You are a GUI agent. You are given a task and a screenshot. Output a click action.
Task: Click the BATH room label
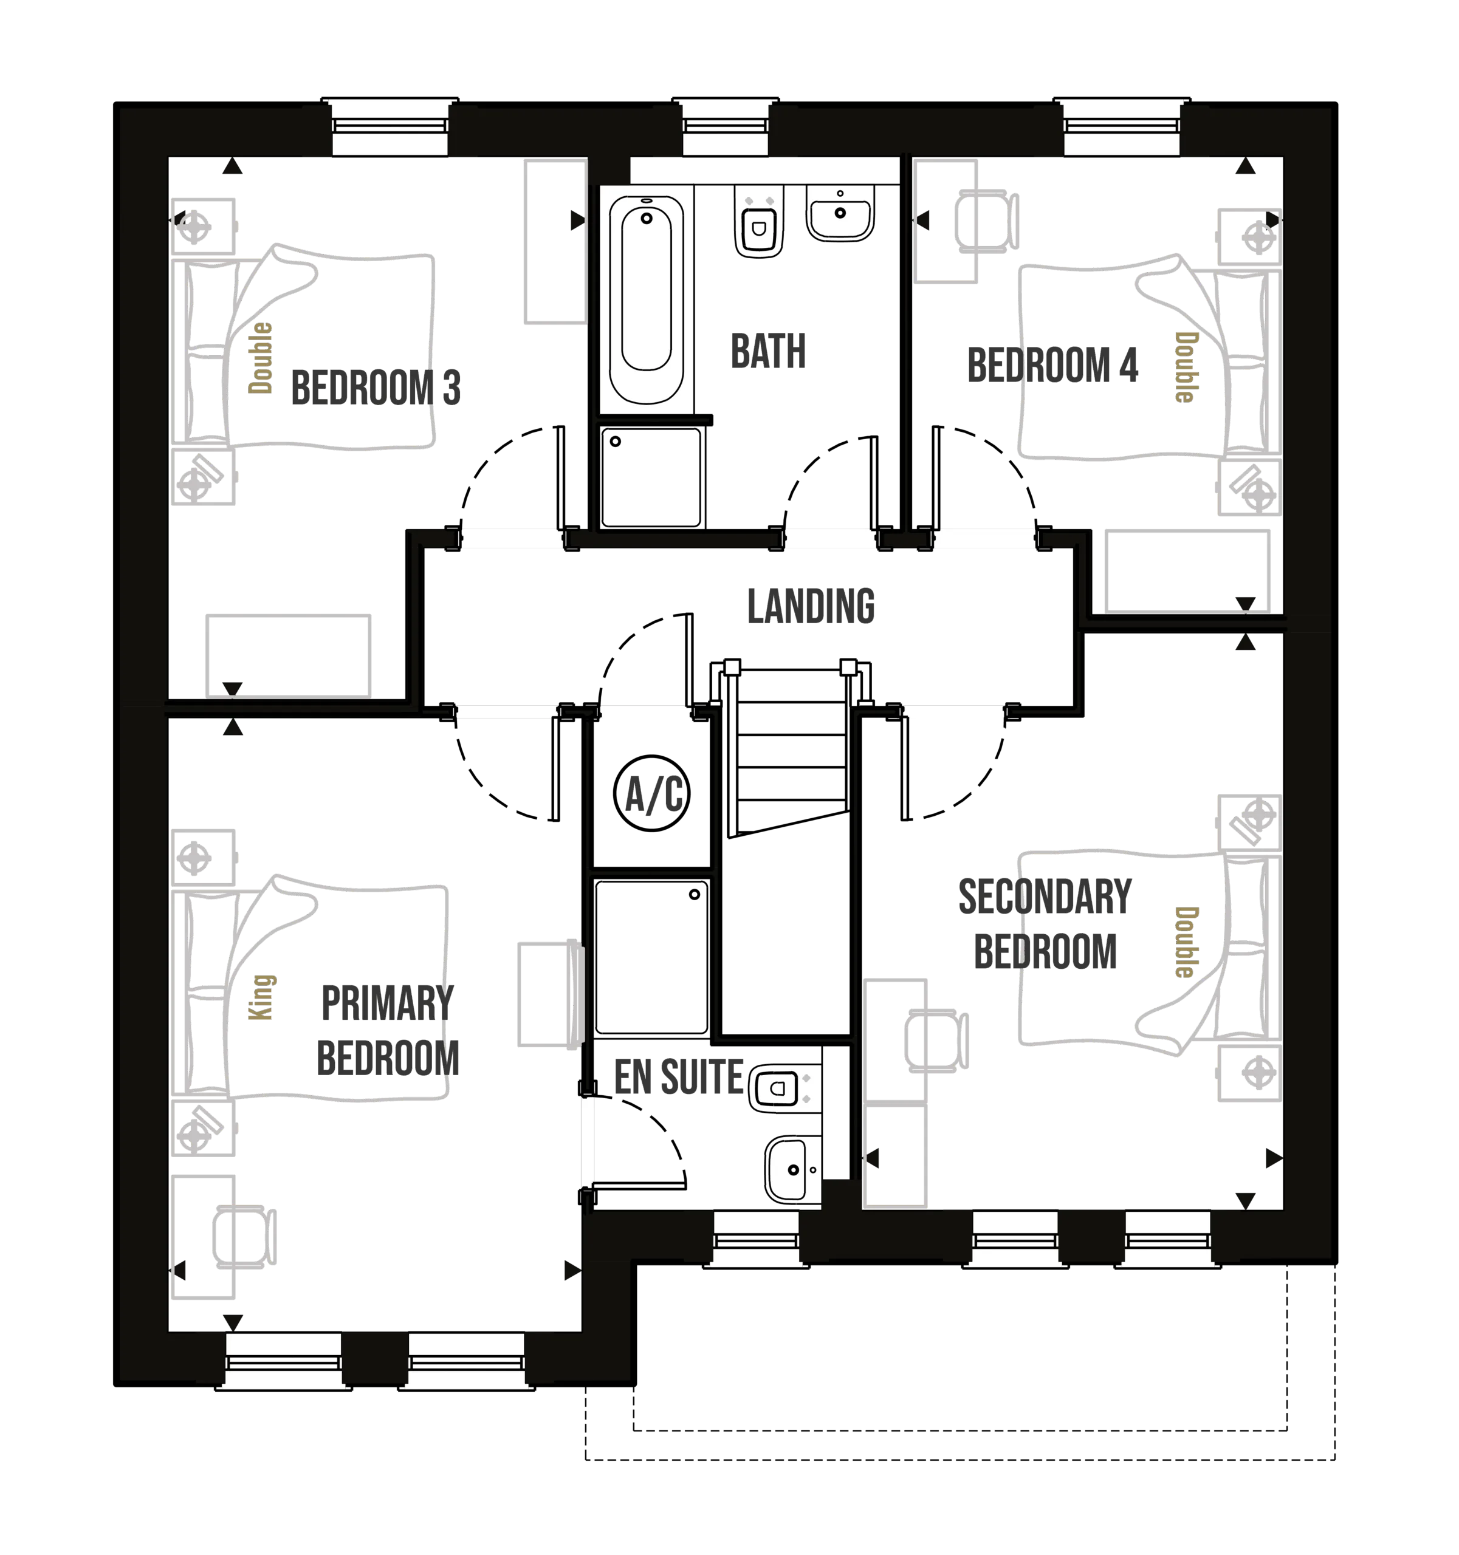tap(767, 350)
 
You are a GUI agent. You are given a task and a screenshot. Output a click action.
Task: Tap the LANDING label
tap(811, 607)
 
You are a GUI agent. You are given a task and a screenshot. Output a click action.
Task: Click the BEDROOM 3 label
tap(376, 389)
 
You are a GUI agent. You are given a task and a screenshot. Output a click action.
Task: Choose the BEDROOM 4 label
tap(1052, 364)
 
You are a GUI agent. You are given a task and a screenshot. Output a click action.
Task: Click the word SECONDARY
tap(1045, 897)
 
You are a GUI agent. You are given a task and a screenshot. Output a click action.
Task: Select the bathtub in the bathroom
tap(646, 299)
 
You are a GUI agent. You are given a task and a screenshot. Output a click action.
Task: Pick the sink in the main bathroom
tap(840, 212)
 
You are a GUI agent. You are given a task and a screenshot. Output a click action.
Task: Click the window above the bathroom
tap(724, 128)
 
